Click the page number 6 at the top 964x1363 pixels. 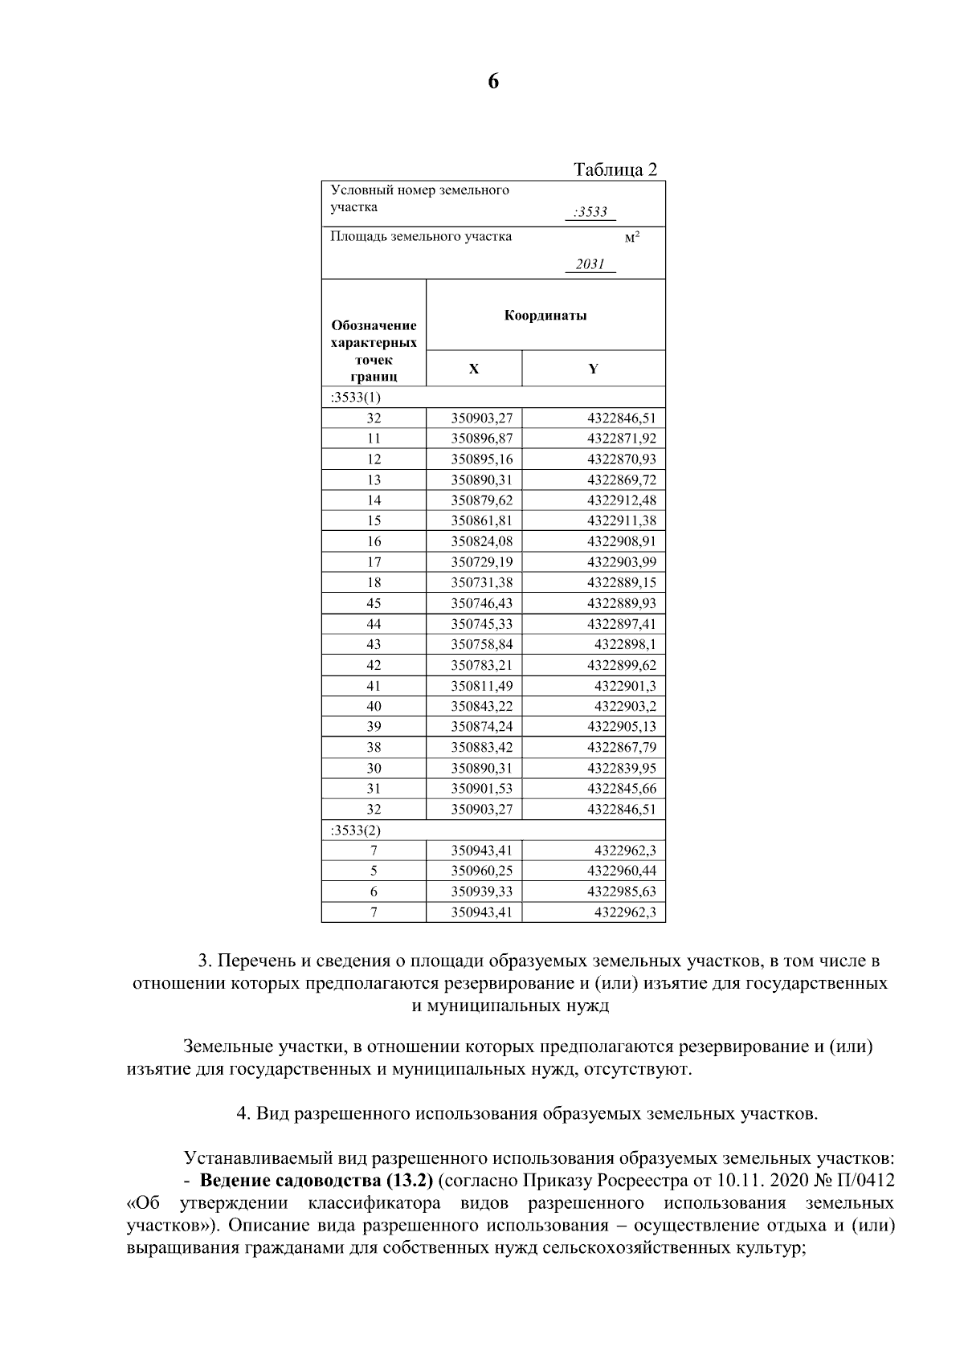pos(492,82)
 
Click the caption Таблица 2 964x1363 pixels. pos(615,169)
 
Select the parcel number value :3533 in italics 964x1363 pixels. pos(590,213)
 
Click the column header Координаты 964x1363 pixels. pos(545,315)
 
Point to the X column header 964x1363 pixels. pos(473,369)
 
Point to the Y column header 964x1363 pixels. pos(593,369)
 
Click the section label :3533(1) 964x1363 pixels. pos(356,398)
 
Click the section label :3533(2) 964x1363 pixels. pos(356,830)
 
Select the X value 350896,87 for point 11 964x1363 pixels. pos(481,439)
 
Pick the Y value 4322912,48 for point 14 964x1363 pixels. pos(621,500)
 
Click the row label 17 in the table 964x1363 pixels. pos(374,562)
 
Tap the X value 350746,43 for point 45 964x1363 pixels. pos(481,603)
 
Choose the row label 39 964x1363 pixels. pos(374,727)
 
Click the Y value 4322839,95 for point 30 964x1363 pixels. pos(621,768)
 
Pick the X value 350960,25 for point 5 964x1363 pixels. pos(481,871)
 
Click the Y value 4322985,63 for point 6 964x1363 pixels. pos(621,892)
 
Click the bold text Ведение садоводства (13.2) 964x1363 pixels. pos(316,1181)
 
